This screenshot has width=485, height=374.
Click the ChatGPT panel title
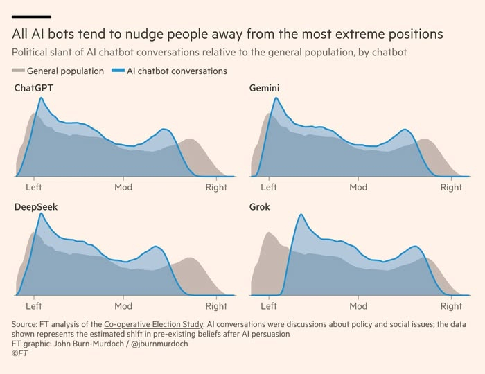click(x=34, y=88)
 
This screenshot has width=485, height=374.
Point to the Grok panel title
click(x=260, y=206)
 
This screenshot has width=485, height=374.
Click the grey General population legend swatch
click(x=19, y=71)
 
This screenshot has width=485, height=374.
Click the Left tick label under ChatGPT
click(x=34, y=187)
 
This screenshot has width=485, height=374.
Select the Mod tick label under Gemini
click(x=358, y=187)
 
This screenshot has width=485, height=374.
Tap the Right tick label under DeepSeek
click(x=216, y=305)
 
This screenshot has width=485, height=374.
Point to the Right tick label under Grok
click(x=451, y=305)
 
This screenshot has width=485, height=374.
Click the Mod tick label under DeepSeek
click(x=123, y=305)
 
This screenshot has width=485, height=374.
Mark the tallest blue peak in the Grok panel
click(x=301, y=215)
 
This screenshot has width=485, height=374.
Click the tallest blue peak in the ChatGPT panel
click(x=41, y=98)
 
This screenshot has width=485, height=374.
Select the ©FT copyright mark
click(x=19, y=353)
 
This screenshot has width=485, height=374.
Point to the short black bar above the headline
click(x=31, y=16)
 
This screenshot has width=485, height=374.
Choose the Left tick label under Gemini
click(x=269, y=187)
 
